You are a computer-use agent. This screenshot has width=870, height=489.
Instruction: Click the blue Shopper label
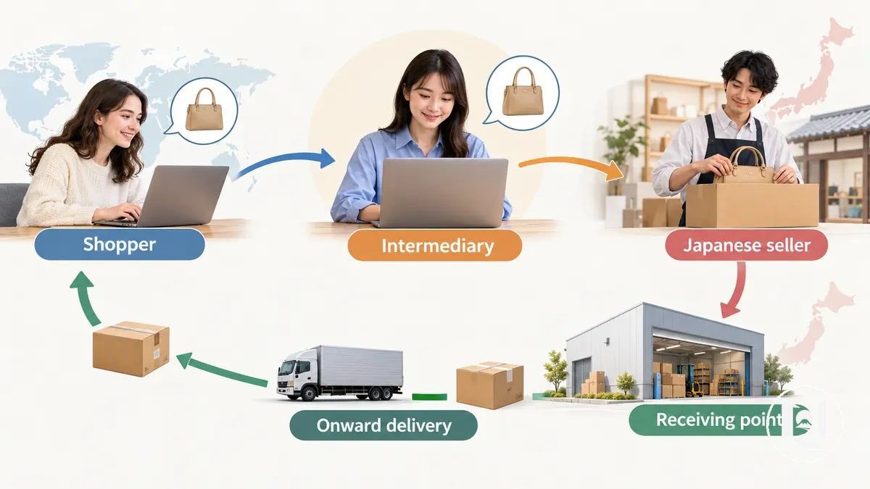pos(120,244)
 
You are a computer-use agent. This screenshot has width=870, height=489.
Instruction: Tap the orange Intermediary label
pos(434,246)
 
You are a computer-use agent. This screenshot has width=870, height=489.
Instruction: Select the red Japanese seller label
pos(747,245)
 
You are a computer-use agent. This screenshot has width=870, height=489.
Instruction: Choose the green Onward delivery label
pos(384,425)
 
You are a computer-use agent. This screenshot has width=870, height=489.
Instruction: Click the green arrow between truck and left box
pos(221,371)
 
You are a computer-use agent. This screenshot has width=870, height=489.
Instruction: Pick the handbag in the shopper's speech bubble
pos(204,109)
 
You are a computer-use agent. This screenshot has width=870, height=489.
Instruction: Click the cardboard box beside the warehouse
pos(490,385)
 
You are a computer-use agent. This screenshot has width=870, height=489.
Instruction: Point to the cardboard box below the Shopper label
pos(131,348)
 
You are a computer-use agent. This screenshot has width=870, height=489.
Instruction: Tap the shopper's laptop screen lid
pos(183,195)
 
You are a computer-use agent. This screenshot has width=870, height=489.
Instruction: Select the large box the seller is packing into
pos(753,205)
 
